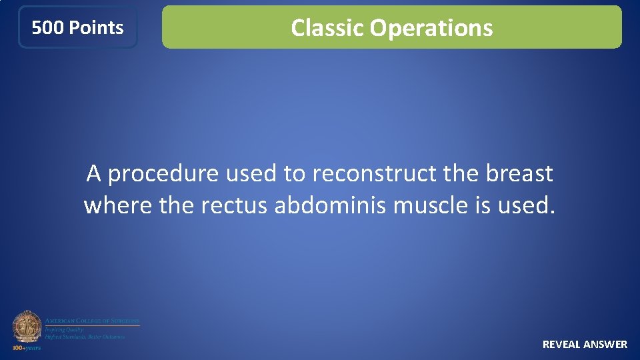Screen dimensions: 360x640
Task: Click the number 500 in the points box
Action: [48, 28]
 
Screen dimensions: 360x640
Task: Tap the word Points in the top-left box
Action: [96, 28]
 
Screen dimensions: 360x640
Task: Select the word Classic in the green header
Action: [327, 28]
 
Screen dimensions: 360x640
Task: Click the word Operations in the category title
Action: [431, 28]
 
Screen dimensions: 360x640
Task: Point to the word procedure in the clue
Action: [163, 174]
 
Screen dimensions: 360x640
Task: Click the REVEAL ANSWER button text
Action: [585, 344]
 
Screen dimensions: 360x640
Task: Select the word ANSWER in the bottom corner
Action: [605, 344]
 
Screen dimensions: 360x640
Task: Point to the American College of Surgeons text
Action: [92, 321]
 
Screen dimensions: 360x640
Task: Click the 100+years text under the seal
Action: [27, 347]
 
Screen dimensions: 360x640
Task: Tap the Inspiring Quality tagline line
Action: [63, 330]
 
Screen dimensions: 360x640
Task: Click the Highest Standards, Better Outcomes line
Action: [85, 337]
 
